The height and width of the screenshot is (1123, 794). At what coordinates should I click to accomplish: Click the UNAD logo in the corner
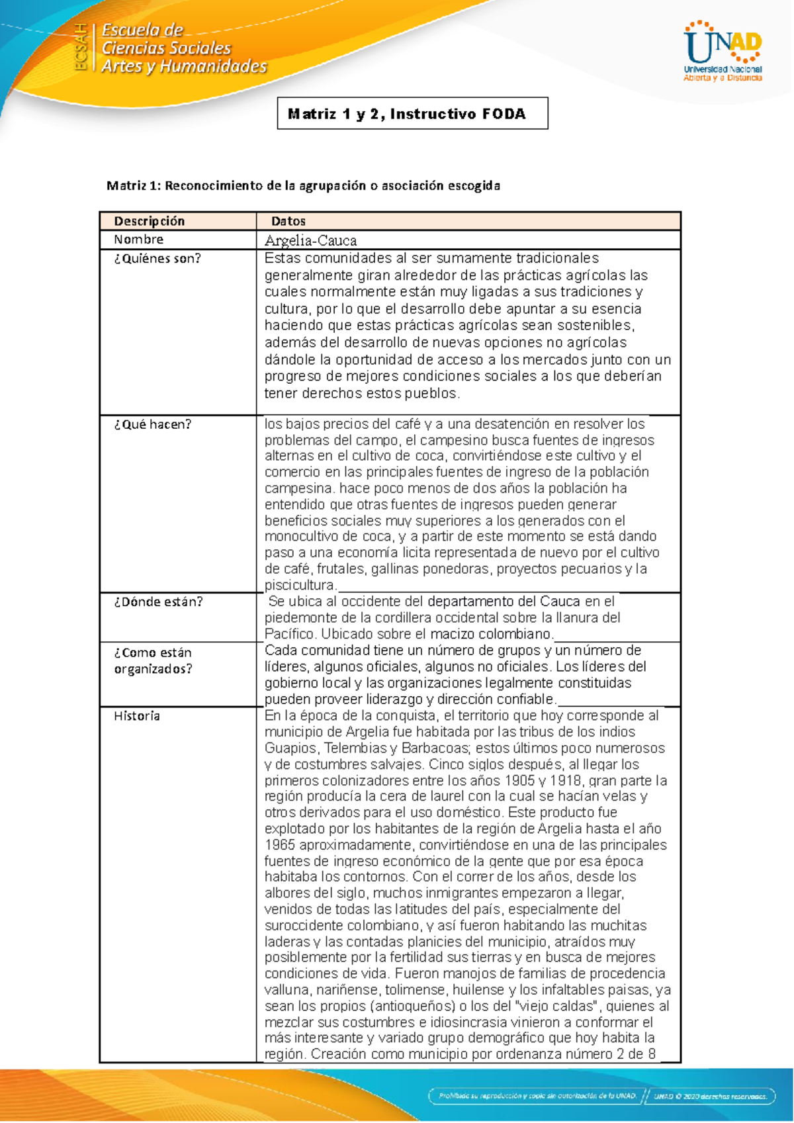coord(723,52)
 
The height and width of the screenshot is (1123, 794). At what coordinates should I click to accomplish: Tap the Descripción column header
coord(149,221)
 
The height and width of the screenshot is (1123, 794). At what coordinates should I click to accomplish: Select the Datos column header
coord(288,221)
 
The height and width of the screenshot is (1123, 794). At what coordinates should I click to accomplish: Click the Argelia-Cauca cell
coord(310,240)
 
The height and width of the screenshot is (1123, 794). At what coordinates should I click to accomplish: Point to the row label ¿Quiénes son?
coord(157,259)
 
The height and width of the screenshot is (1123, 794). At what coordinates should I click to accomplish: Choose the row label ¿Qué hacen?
coord(152,424)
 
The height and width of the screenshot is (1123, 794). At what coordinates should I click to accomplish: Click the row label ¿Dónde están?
coord(158,602)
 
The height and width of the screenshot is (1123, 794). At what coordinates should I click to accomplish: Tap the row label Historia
coord(137,716)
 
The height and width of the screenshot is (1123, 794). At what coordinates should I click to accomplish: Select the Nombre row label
coord(138,240)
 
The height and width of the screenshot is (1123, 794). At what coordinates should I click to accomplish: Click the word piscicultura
coord(300,585)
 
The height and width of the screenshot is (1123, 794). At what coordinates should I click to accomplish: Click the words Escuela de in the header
coord(142,30)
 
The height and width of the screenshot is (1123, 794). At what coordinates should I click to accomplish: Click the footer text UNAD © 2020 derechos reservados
coord(710,1096)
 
